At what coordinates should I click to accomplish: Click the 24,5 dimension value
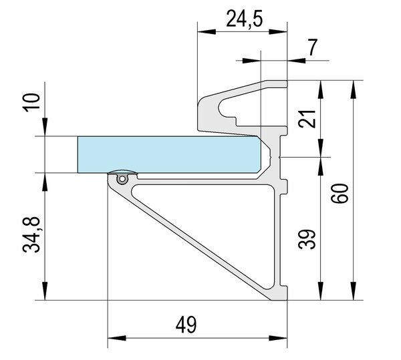245,19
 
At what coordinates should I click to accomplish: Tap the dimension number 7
313,47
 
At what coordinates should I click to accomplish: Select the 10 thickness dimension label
31,102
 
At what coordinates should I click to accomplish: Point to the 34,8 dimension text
31,234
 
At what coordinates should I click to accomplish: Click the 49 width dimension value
186,325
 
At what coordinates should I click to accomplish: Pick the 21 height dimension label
307,118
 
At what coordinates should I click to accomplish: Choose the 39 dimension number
307,239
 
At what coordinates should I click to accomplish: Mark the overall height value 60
340,193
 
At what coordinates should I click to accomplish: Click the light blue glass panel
169,154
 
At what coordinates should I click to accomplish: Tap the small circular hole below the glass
122,178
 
